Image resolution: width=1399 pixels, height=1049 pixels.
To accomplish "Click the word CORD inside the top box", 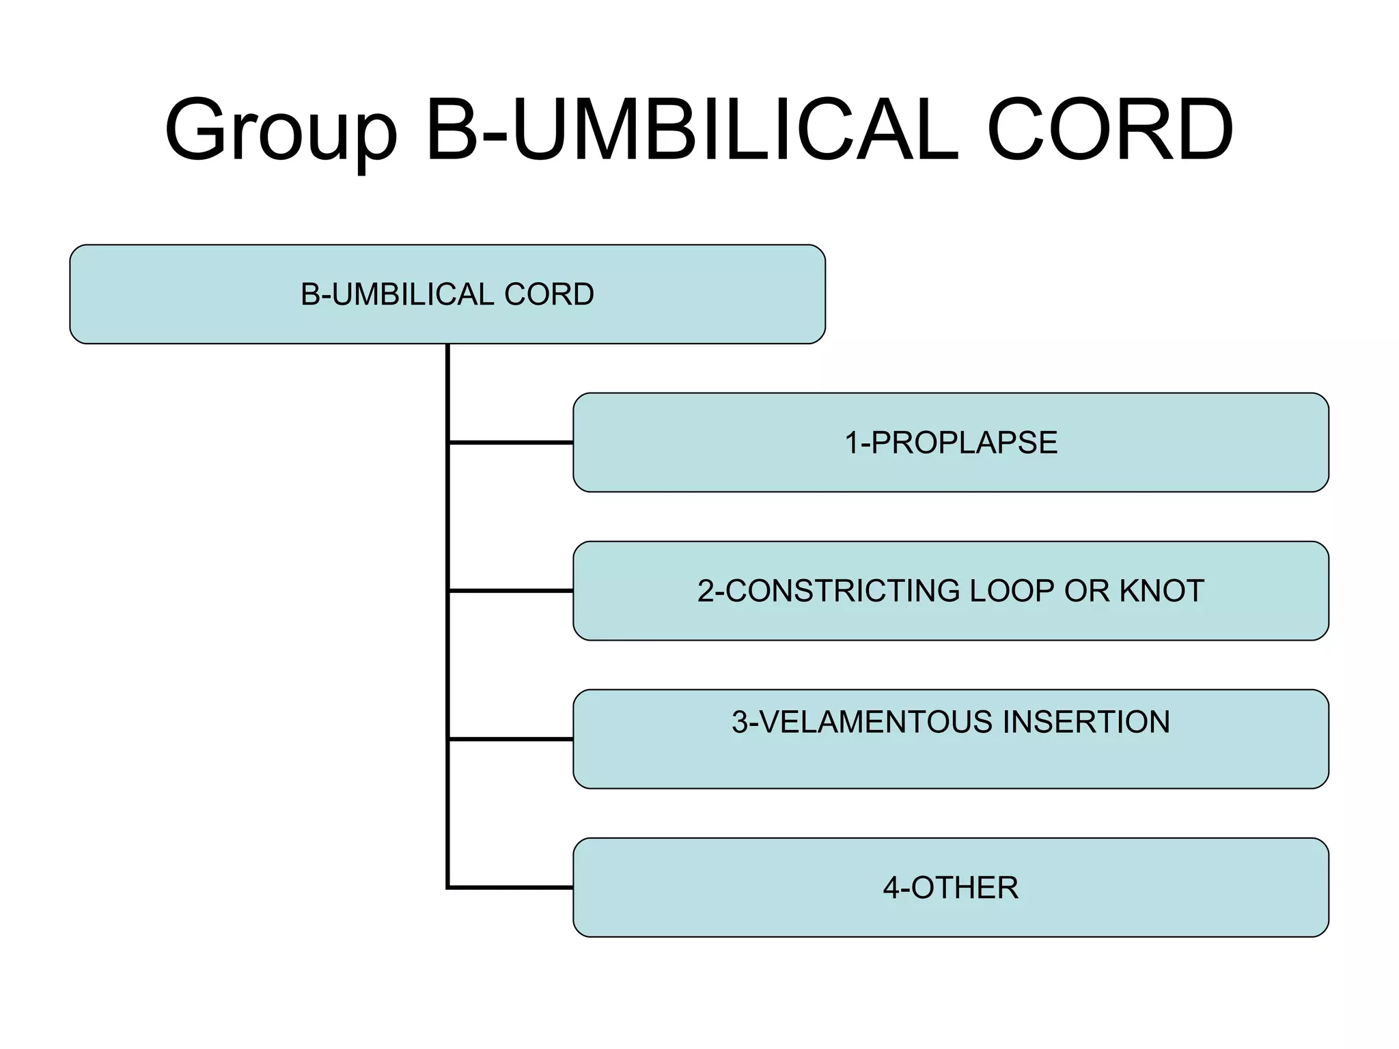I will pos(549,294).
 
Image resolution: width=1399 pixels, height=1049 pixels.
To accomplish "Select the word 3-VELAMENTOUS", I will pos(861,722).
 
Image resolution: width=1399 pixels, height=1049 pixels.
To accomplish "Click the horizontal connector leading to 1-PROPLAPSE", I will pos(511,443).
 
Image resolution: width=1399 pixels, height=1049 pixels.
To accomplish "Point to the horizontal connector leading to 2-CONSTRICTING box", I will pos(511,591).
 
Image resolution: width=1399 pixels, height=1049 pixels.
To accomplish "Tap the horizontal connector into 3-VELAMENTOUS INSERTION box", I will pos(511,739).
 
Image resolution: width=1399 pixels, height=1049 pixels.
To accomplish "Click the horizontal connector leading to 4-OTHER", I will pos(511,887).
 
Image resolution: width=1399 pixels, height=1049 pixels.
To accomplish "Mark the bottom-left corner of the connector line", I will pos(448,887).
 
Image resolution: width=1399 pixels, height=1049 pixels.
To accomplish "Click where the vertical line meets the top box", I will pos(447,345).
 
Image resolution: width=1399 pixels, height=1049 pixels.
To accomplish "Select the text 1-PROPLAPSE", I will pos(951,443).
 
